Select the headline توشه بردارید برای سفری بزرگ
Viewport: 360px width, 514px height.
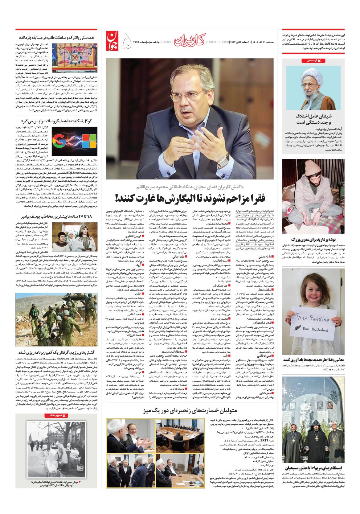(x=312, y=239)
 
